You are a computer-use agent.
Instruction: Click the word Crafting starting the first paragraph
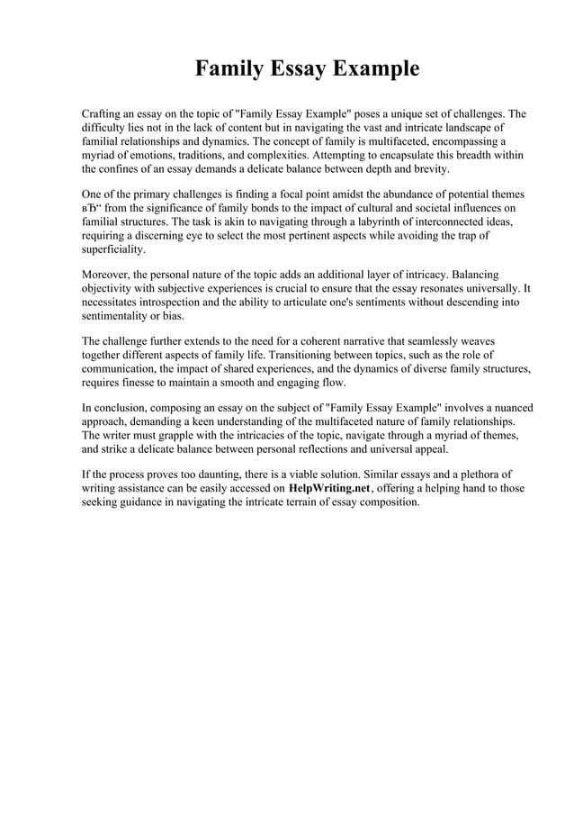(x=103, y=114)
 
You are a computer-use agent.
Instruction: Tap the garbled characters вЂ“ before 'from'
(x=91, y=209)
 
